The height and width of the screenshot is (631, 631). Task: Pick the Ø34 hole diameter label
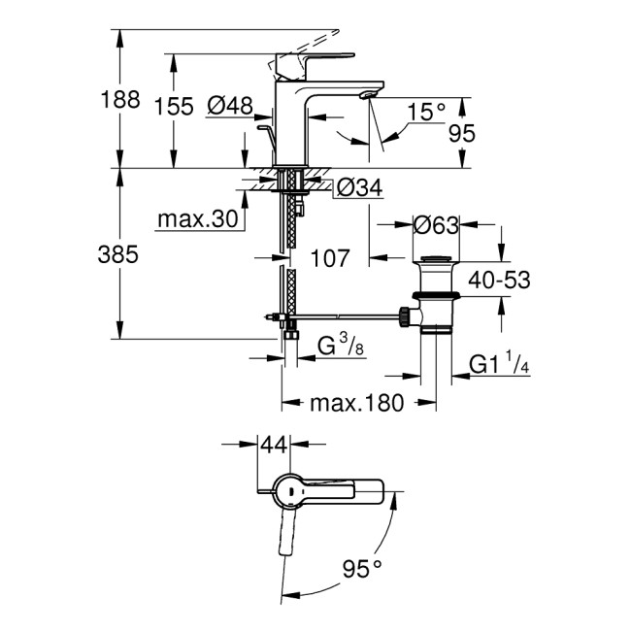[359, 188]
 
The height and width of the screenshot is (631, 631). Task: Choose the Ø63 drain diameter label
[437, 226]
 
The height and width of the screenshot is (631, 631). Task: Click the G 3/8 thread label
[342, 347]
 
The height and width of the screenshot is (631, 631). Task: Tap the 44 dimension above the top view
[277, 445]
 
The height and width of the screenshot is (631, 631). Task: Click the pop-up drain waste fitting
[434, 296]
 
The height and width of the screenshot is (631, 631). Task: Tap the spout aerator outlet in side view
[366, 95]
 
